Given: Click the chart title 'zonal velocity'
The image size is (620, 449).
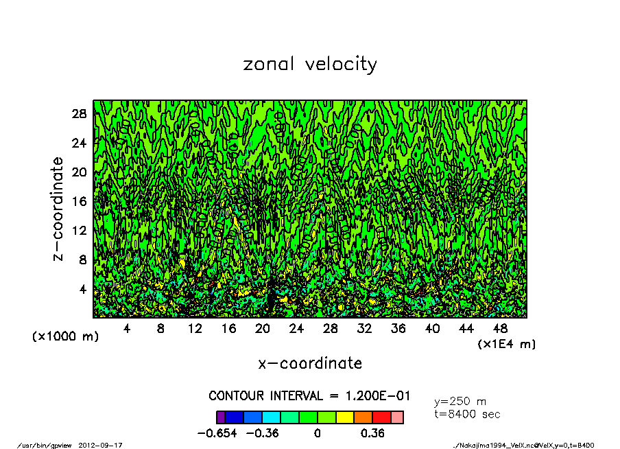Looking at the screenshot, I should click(310, 65).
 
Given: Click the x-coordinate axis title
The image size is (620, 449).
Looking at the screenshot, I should click(310, 363).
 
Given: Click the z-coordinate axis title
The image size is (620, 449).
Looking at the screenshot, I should click(58, 209).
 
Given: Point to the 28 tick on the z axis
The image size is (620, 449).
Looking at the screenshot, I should click(80, 114).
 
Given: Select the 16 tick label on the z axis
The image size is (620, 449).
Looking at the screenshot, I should click(80, 202).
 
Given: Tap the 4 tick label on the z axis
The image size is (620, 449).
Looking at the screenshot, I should click(84, 290).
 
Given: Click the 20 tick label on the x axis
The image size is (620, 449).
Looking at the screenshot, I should click(263, 329).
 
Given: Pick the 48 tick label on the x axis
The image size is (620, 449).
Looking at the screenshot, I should click(500, 329).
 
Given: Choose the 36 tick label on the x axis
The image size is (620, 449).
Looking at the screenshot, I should click(398, 329).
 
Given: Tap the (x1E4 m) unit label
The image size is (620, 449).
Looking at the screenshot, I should click(507, 343).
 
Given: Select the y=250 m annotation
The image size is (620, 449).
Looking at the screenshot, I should click(460, 402).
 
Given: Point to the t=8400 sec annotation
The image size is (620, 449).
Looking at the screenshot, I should click(467, 414).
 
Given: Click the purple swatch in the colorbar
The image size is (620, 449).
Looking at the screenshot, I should click(221, 417).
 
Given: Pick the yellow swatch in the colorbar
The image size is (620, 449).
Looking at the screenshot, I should click(345, 417).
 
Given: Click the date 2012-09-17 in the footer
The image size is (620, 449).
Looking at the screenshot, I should click(106, 445).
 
